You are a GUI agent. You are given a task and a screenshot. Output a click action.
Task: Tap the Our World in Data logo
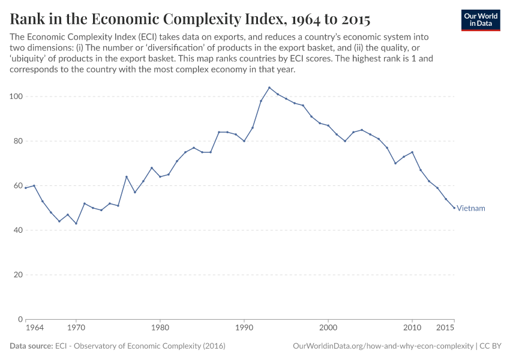tap(481, 20)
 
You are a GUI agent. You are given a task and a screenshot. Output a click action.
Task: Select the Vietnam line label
tap(470, 208)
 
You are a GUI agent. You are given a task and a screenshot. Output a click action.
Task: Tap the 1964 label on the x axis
tap(34, 328)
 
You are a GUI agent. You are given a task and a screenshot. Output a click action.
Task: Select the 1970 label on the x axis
tap(76, 328)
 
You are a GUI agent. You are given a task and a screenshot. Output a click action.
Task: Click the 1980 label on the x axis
tap(160, 328)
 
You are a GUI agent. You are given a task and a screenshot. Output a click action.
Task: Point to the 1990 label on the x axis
tap(244, 328)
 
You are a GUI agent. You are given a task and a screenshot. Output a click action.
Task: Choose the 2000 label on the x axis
tap(328, 328)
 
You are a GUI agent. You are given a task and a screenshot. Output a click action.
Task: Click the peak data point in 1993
tap(269, 88)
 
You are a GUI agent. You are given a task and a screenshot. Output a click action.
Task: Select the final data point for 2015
tap(454, 208)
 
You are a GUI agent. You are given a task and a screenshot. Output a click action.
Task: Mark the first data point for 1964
tap(26, 188)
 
